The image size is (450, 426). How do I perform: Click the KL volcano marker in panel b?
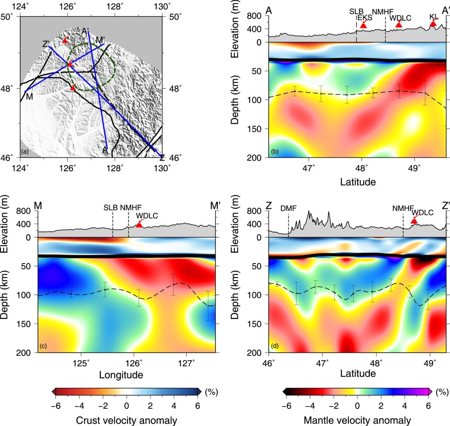[x=433, y=23]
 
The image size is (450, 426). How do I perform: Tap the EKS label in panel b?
[x=365, y=17]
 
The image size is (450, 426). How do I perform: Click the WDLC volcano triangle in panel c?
[x=139, y=224]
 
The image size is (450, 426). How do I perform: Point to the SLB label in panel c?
[x=111, y=207]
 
